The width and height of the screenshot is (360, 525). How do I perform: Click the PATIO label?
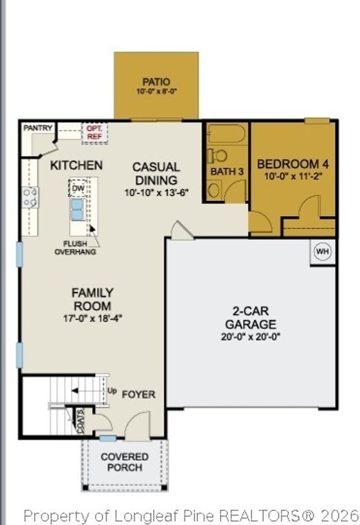pyautogui.click(x=156, y=81)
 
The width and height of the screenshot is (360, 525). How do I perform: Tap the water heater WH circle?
pyautogui.click(x=322, y=251)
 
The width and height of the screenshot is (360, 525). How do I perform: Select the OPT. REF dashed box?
pyautogui.click(x=95, y=133)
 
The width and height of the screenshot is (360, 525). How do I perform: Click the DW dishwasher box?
pyautogui.click(x=79, y=189)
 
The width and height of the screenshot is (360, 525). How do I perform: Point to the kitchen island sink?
pyautogui.click(x=77, y=210)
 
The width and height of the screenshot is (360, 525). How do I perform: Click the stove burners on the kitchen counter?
pyautogui.click(x=30, y=198)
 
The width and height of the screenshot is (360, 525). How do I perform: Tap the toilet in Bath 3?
pyautogui.click(x=217, y=156)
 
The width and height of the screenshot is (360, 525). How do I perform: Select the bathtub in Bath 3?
pyautogui.click(x=227, y=134)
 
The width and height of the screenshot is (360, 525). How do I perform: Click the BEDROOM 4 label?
pyautogui.click(x=293, y=164)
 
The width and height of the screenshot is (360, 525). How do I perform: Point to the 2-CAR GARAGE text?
pyautogui.click(x=251, y=317)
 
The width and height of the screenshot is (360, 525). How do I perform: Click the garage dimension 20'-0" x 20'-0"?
pyautogui.click(x=250, y=336)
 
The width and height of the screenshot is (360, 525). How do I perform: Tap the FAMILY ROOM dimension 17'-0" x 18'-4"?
pyautogui.click(x=92, y=318)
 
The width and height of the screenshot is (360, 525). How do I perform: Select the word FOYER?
pyautogui.click(x=139, y=394)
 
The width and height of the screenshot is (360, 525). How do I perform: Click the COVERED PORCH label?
pyautogui.click(x=124, y=462)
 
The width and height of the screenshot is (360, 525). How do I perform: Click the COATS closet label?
pyautogui.click(x=81, y=421)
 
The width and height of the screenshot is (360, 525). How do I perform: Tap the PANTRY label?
pyautogui.click(x=38, y=128)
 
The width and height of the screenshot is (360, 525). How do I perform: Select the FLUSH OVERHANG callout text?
pyautogui.click(x=75, y=247)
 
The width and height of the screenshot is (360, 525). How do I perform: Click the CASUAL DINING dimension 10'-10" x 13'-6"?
pyautogui.click(x=156, y=193)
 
